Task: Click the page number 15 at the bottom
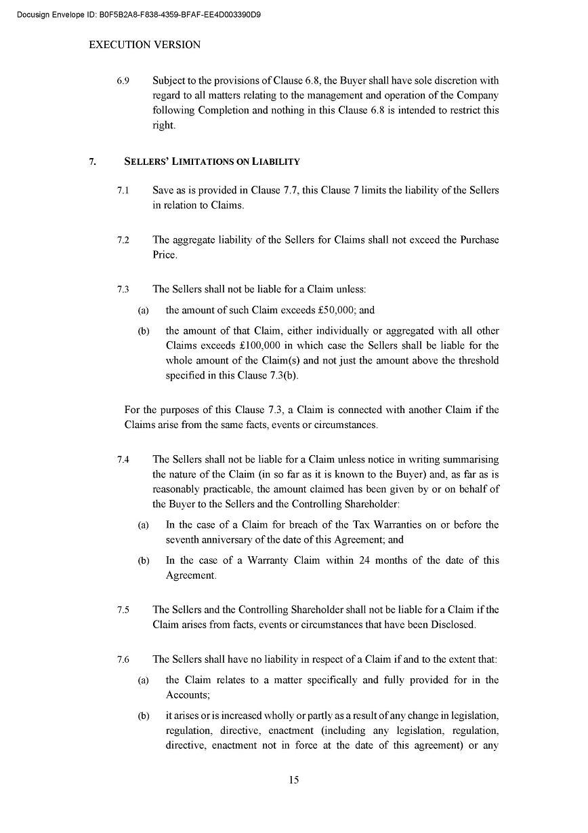coord(293,779)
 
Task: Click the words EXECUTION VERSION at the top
coord(145,45)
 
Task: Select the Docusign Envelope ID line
coord(139,14)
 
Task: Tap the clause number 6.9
coord(123,80)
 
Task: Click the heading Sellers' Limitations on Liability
coord(212,161)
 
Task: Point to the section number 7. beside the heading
coord(93,161)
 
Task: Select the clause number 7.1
coord(123,191)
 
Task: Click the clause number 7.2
coord(123,240)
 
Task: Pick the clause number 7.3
coord(123,290)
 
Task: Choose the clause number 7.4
coord(123,459)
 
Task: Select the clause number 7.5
coord(123,610)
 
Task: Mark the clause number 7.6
coord(123,659)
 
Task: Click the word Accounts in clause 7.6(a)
coord(187,695)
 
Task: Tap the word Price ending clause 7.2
coord(165,255)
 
